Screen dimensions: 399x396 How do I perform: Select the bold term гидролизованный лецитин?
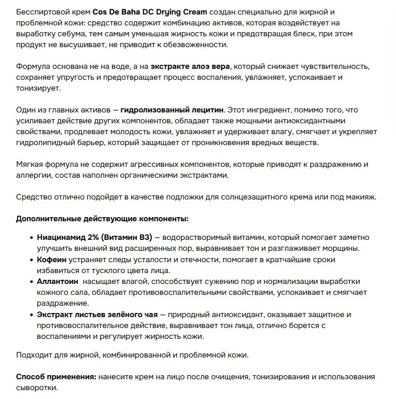(x=172, y=110)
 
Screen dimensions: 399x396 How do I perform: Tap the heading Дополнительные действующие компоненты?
(x=102, y=219)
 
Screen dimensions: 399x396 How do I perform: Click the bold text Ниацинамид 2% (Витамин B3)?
(x=94, y=237)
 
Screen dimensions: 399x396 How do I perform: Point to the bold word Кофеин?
(x=50, y=259)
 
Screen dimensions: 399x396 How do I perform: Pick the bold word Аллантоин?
(x=58, y=281)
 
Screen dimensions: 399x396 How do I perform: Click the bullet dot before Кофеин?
(x=32, y=259)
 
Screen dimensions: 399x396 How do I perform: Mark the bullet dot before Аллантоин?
(x=32, y=281)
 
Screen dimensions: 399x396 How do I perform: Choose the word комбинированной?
(x=120, y=355)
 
